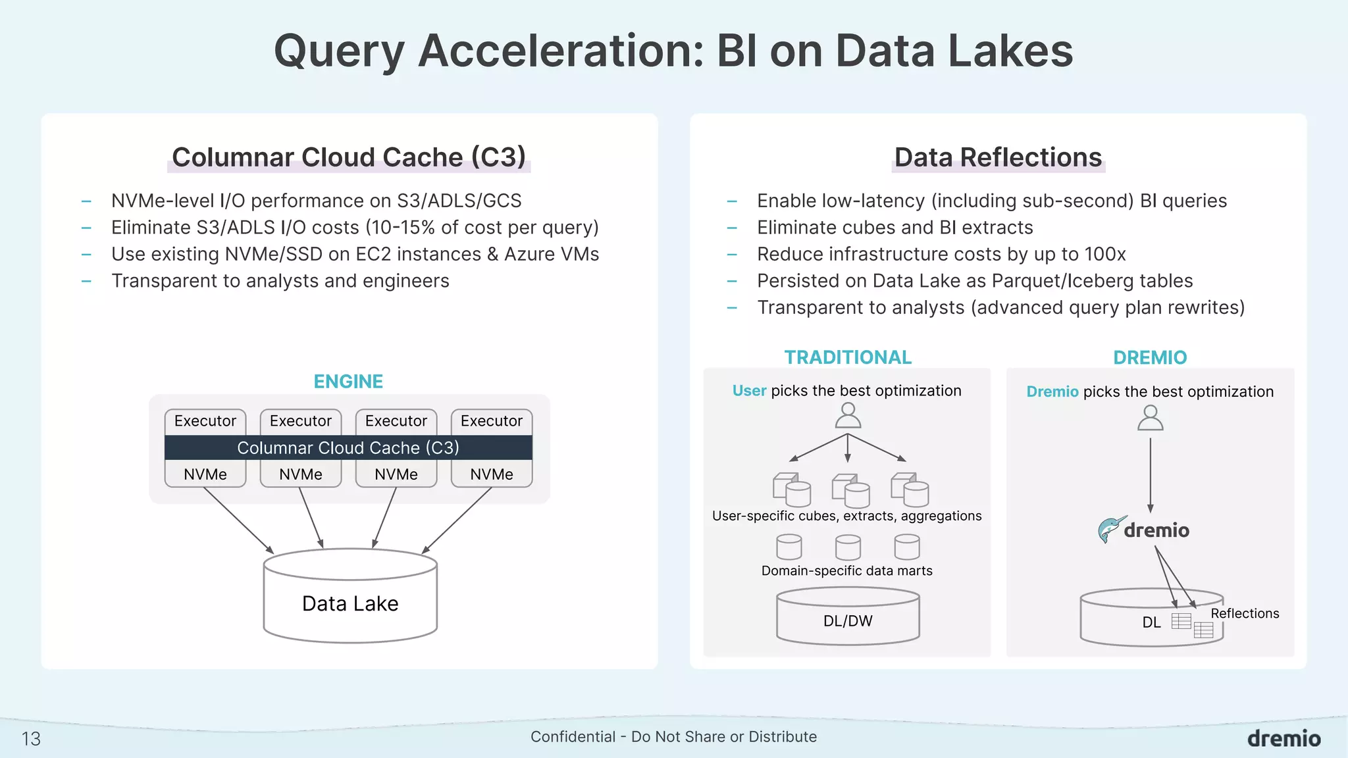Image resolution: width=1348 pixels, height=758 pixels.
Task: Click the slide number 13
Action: coord(31,739)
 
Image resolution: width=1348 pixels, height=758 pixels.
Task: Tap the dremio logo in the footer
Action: coord(1283,738)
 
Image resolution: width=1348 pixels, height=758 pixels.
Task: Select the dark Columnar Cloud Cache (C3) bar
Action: coord(348,447)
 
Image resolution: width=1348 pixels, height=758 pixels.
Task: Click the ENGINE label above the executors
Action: coord(348,382)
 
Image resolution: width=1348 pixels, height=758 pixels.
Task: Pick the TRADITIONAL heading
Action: coord(848,357)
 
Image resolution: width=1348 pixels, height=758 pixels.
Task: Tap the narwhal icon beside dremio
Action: coord(1110,529)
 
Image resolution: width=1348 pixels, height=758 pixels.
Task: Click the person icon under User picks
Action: coord(848,416)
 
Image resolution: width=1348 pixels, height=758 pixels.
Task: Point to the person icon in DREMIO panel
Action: coord(1150,418)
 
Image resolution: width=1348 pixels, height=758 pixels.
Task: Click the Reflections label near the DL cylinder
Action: coord(1244,613)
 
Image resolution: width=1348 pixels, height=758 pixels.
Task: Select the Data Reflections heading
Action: coord(998,158)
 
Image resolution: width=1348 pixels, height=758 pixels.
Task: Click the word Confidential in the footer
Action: coord(573,737)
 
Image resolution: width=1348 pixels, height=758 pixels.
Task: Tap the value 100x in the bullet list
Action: coord(1105,254)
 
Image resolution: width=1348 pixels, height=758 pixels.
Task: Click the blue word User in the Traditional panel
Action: coord(749,391)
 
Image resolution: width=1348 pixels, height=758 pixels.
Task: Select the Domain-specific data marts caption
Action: coord(846,570)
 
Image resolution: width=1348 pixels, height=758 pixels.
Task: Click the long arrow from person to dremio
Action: coord(1150,474)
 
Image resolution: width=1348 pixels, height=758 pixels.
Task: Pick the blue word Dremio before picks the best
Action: coord(1052,392)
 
